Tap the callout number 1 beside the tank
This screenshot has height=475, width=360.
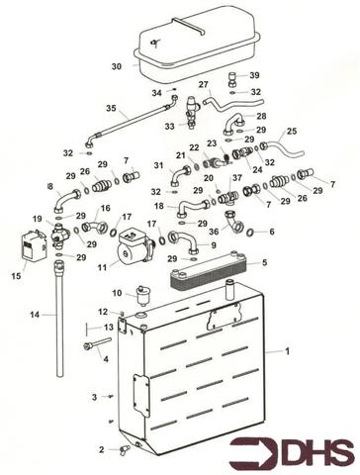click(x=288, y=351)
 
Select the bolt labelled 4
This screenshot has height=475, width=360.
click(x=95, y=346)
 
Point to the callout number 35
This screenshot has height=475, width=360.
click(x=111, y=109)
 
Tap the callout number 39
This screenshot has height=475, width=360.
click(x=254, y=75)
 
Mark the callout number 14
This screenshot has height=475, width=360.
click(x=34, y=316)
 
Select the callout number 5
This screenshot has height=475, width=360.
click(x=263, y=262)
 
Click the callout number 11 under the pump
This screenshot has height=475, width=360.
click(x=102, y=267)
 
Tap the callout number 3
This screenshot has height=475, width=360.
click(x=95, y=397)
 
